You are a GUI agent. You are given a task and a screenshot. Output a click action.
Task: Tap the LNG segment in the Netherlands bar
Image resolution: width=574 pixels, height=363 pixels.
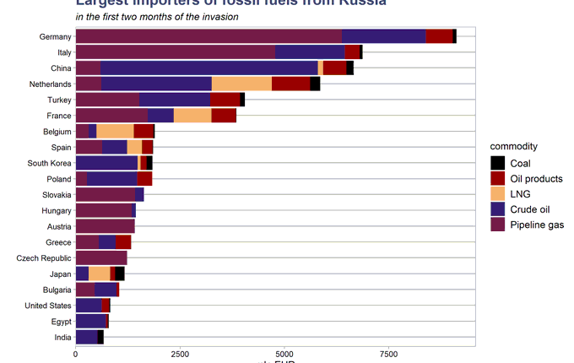[x=241, y=84]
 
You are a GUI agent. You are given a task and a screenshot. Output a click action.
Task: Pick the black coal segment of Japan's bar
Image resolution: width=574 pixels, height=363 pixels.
[x=120, y=274]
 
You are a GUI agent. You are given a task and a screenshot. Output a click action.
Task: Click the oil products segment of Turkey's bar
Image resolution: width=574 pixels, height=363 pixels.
[x=225, y=100]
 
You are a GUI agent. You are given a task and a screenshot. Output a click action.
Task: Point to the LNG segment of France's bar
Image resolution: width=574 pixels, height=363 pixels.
[x=192, y=115]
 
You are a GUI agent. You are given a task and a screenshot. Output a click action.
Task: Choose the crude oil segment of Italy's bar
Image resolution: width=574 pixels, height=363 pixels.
[x=310, y=52]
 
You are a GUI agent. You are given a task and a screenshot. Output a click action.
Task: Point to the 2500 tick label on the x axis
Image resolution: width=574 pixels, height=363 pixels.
[x=179, y=353]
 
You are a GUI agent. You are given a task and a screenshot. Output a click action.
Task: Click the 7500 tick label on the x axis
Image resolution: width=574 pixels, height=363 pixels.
[x=387, y=353]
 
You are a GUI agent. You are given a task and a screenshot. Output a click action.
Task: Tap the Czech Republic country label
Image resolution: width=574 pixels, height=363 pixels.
[x=44, y=257]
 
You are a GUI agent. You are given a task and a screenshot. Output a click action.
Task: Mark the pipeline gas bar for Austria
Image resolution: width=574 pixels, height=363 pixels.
[x=105, y=226]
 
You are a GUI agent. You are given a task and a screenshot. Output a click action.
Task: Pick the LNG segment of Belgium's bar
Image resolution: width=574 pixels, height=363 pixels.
[x=115, y=131]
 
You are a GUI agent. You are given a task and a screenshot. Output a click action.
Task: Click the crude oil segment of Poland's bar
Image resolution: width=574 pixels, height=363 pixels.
[x=111, y=179]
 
